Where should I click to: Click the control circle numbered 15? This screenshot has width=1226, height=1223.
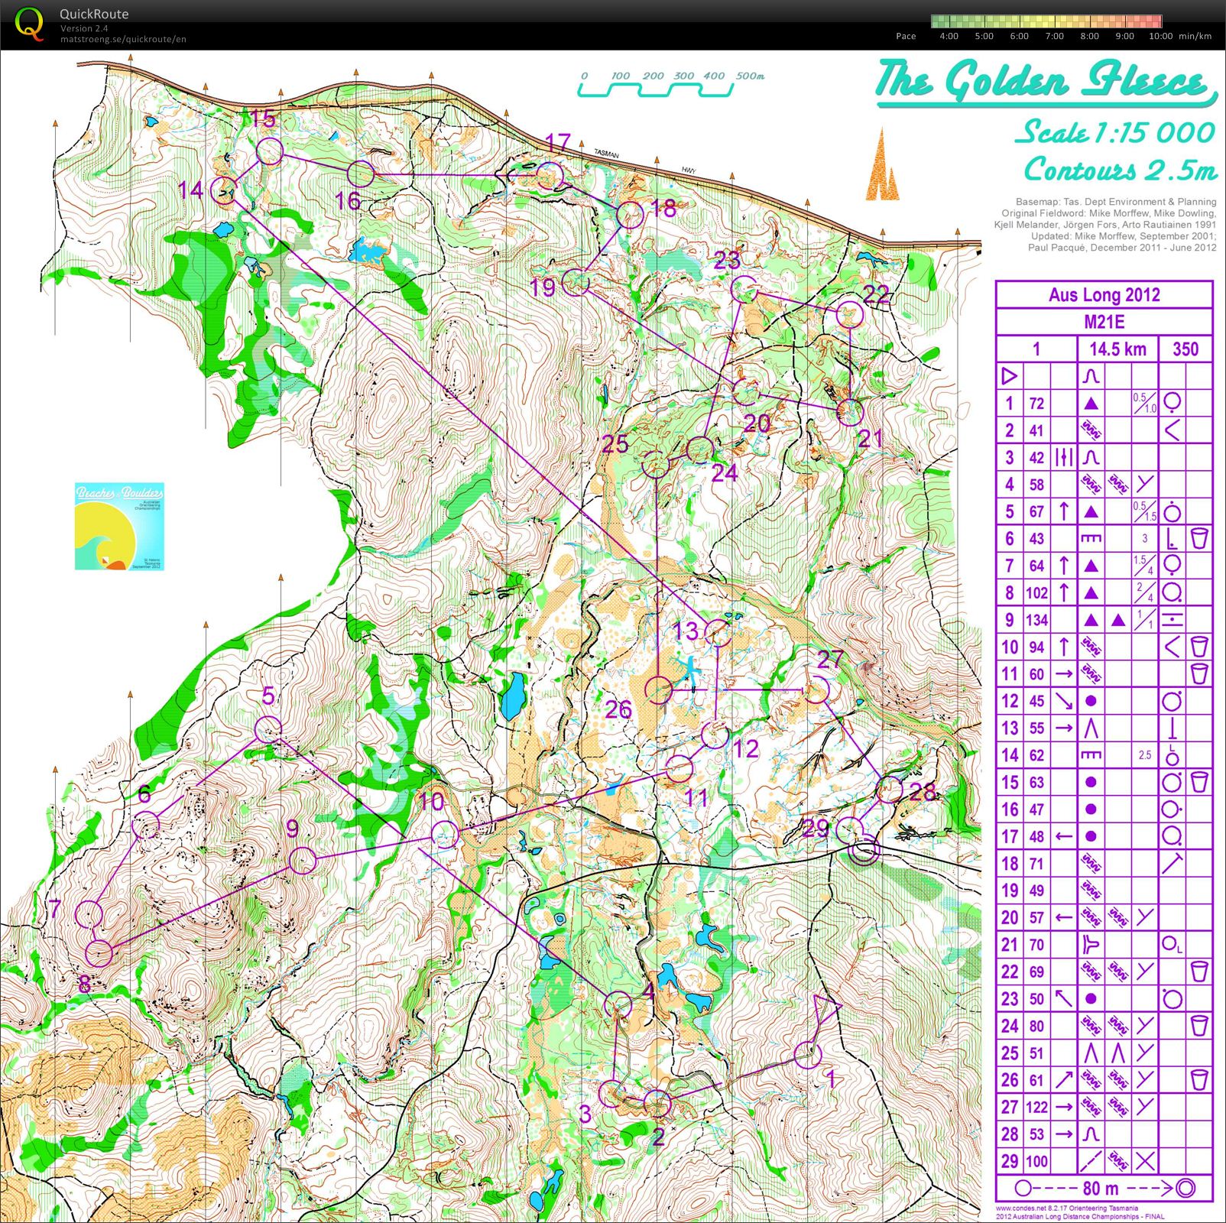[x=269, y=151]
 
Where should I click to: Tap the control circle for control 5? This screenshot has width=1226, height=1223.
[x=268, y=729]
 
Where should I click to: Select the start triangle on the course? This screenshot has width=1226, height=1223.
[x=825, y=1011]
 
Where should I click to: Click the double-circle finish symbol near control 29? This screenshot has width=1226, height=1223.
[x=865, y=850]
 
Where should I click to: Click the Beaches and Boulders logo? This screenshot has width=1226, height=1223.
[x=119, y=526]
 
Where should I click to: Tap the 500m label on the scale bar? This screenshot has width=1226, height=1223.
[x=751, y=76]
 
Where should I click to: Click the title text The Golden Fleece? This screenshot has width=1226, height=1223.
[x=1044, y=81]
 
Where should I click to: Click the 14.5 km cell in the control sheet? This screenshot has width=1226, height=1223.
[x=1117, y=349]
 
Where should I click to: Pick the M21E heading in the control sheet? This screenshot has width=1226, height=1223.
[x=1104, y=322]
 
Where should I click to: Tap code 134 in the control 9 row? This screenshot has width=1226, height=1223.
[x=1036, y=620]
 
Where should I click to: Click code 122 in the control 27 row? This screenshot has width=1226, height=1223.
[x=1036, y=1107]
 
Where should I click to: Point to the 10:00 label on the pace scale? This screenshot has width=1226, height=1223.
[x=1160, y=36]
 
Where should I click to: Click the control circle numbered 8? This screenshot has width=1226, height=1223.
[x=99, y=953]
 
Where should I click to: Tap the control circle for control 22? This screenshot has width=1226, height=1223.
[x=850, y=314]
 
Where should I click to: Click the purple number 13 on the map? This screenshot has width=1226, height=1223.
[x=685, y=631]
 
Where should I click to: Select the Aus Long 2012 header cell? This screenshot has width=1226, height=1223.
[x=1104, y=295]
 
